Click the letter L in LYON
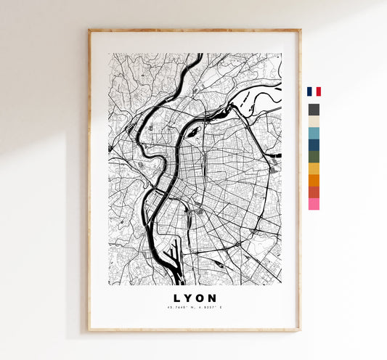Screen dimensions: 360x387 pos(176,298)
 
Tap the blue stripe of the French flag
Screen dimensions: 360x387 pos(309,91)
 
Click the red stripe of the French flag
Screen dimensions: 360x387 pos(318,91)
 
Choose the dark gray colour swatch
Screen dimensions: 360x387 pos(314,110)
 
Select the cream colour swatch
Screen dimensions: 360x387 pos(314,121)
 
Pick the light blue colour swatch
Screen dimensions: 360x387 pos(314,133)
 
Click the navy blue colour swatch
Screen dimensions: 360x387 pos(314,144)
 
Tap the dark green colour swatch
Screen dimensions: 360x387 pos(314,156)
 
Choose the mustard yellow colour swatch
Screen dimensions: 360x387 pos(314,168)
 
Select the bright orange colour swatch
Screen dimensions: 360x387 pos(314,180)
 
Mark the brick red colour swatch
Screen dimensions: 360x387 pos(314,192)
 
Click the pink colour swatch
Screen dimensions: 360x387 pos(314,204)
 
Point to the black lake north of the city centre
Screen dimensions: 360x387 pos(194,131)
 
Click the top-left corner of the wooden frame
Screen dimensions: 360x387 pos(89,30)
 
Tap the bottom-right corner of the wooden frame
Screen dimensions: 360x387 pos(299,330)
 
